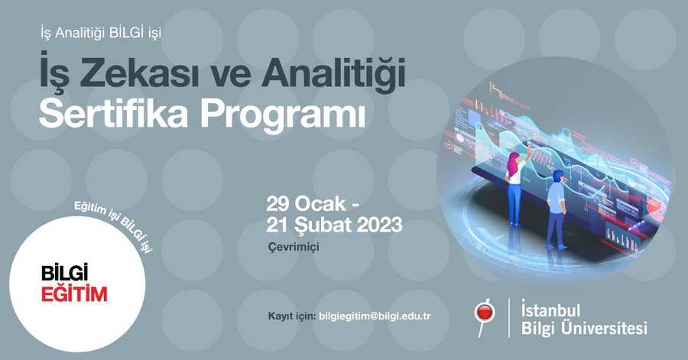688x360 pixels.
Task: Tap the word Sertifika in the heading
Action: (113, 114)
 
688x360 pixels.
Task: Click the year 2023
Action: (379, 225)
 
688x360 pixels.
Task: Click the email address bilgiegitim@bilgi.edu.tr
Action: (375, 316)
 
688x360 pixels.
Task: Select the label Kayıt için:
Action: (292, 316)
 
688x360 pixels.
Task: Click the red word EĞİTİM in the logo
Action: (74, 293)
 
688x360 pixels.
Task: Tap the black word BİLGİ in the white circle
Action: (64, 272)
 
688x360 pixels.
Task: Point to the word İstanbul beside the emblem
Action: (550, 309)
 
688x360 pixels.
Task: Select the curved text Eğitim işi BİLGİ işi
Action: (113, 222)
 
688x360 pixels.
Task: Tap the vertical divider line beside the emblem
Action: (509, 318)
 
